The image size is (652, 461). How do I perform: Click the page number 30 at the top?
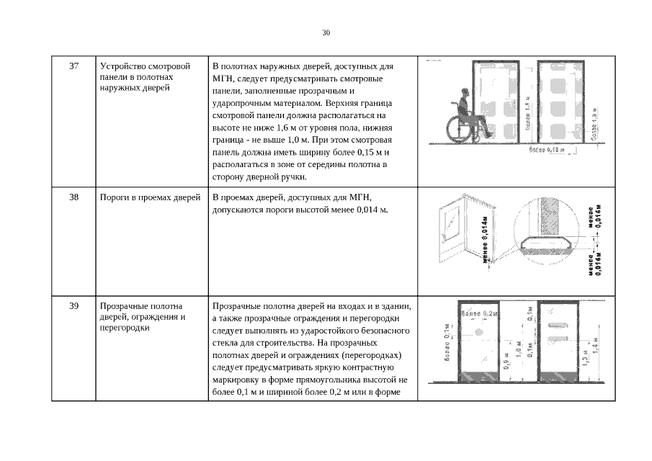click(326, 33)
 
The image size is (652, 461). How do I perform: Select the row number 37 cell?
click(73, 66)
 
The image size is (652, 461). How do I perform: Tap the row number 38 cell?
click(73, 197)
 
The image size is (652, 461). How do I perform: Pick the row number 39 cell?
click(73, 306)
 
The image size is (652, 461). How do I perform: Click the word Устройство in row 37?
click(122, 66)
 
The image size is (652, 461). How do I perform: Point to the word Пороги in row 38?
click(115, 197)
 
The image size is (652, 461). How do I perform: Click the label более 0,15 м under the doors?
click(546, 150)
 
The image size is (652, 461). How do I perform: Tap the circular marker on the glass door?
click(478, 332)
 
